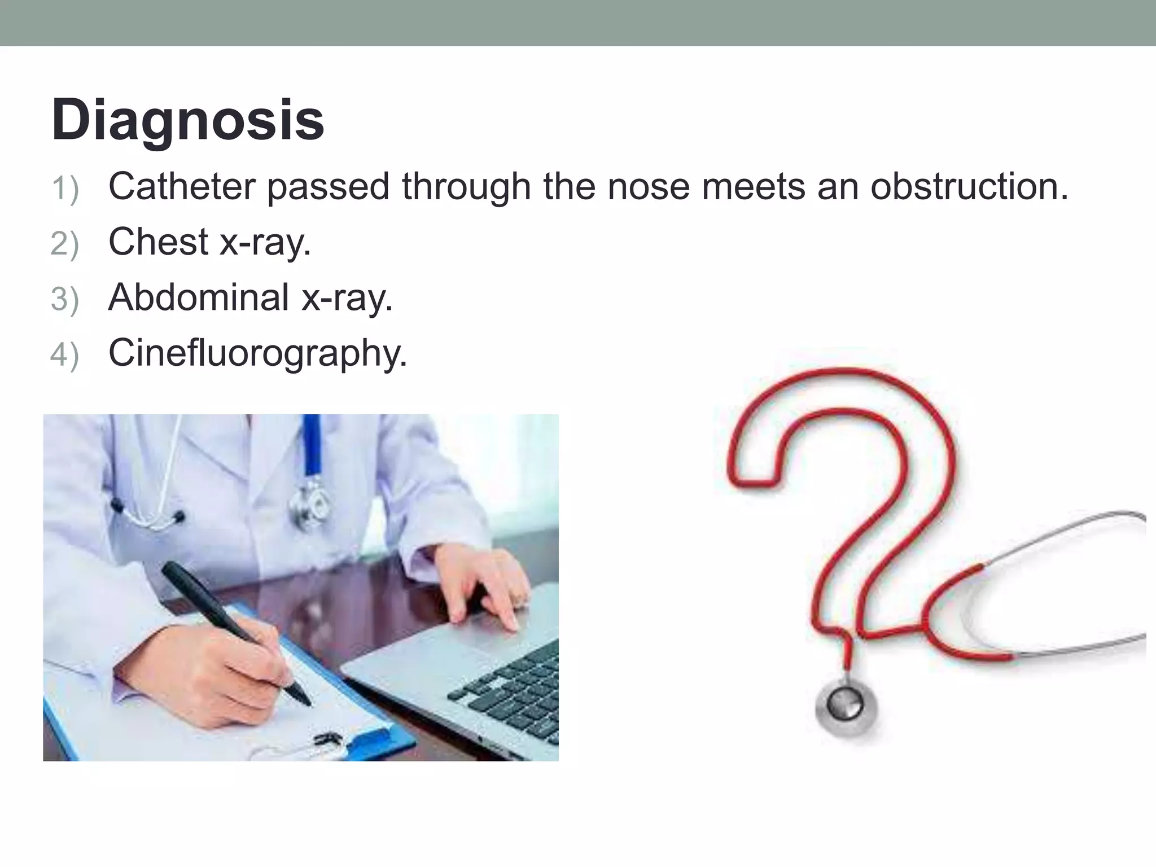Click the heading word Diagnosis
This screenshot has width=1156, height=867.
188,120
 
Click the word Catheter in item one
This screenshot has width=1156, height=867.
182,186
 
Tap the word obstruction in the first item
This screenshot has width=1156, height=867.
969,186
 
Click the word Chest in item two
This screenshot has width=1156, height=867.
158,242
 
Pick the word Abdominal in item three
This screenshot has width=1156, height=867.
199,297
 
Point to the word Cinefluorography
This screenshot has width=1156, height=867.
257,353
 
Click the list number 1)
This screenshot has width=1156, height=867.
64,189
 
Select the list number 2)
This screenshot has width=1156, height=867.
64,244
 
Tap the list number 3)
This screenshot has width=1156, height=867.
64,299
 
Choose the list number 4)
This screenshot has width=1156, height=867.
64,356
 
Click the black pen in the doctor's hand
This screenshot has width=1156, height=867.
226,621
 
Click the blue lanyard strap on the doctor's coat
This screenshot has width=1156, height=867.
312,446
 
